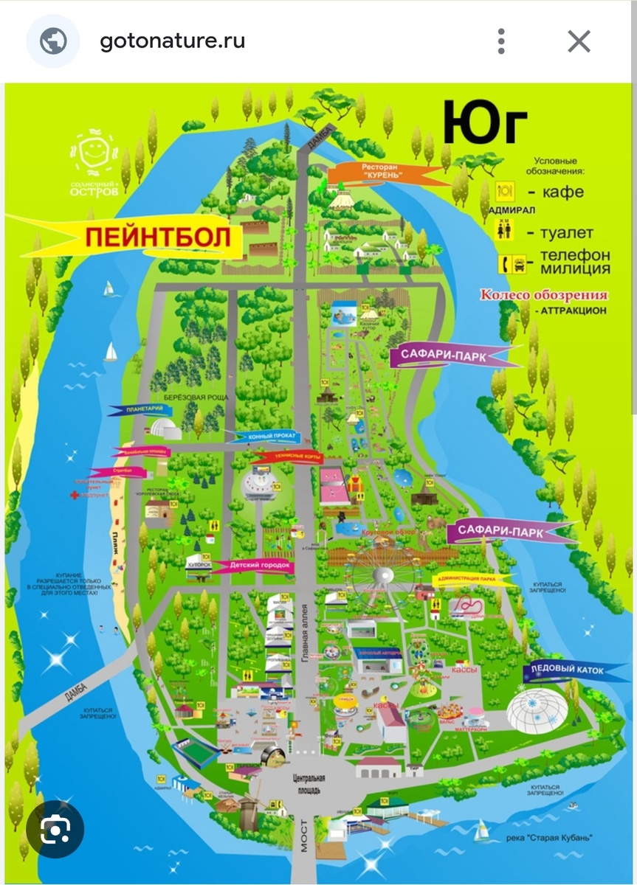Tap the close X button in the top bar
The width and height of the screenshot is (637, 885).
pos(579,41)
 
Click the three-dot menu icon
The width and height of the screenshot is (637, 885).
pos(501,41)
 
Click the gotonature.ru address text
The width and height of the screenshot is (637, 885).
pos(172,41)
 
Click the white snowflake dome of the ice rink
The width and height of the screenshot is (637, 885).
pos(537,707)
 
